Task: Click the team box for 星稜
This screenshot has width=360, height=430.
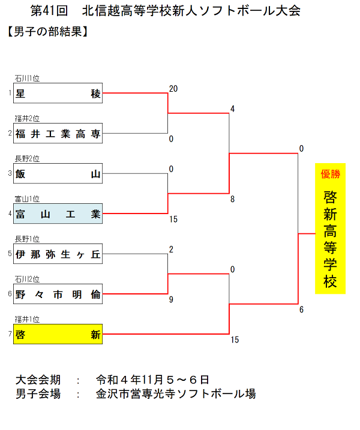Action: (58, 93)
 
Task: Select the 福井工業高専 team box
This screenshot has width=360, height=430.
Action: (58, 133)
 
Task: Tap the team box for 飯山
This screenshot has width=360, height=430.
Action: (58, 174)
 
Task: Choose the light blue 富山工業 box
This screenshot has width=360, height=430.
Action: (58, 214)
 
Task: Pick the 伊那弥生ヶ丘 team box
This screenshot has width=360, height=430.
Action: (58, 254)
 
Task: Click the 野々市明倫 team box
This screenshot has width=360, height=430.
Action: (58, 294)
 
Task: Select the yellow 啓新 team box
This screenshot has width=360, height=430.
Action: (58, 334)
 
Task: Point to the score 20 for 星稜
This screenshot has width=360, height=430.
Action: (173, 89)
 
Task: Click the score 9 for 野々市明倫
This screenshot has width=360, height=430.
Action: (172, 299)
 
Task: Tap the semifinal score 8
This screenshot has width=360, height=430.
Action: (232, 199)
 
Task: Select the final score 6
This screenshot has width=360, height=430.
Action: (302, 309)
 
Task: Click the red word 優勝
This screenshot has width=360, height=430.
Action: (330, 175)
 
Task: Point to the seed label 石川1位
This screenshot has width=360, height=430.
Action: (27, 78)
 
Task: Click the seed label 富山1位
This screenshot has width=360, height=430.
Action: (27, 199)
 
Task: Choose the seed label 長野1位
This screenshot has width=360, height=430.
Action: (27, 239)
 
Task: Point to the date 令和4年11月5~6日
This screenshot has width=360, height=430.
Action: (152, 380)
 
